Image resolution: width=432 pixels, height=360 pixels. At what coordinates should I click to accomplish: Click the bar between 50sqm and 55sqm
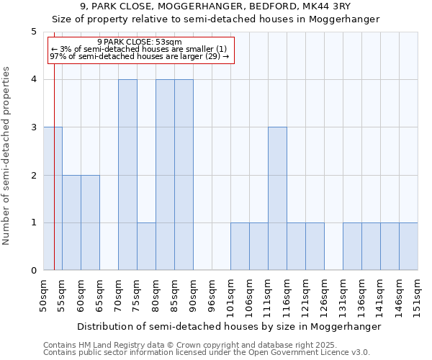click(53, 198)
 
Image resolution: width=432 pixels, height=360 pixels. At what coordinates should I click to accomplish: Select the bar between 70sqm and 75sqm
click(127, 174)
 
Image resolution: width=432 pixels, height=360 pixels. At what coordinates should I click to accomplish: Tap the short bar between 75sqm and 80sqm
click(146, 246)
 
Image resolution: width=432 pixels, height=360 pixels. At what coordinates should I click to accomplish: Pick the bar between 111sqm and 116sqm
click(277, 198)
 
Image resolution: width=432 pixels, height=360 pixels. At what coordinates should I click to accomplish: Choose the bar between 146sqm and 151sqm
click(408, 246)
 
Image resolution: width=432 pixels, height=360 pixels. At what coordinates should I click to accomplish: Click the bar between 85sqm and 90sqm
click(184, 174)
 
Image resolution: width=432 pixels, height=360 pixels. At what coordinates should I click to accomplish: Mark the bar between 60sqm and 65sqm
click(90, 222)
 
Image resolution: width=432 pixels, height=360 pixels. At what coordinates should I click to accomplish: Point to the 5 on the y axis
click(33, 32)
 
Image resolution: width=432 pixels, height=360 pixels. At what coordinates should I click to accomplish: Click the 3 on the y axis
click(33, 127)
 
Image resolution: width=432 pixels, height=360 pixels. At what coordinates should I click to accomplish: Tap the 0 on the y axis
click(33, 271)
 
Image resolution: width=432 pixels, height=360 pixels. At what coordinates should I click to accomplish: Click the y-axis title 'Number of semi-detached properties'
click(7, 156)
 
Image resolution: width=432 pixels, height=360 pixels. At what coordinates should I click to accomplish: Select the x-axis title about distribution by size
click(228, 326)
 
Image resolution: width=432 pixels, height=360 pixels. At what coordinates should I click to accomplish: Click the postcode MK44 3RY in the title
click(327, 6)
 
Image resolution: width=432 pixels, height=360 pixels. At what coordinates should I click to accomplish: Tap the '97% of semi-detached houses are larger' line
click(140, 56)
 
